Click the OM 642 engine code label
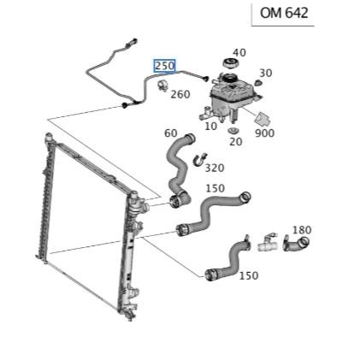(x=284, y=13)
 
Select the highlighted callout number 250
(x=164, y=66)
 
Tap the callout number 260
(x=180, y=94)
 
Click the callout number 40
(x=239, y=53)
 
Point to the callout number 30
(x=266, y=74)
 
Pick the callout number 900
(x=265, y=133)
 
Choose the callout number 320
(x=215, y=168)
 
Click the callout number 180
(x=302, y=230)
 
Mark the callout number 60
(x=171, y=133)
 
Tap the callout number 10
(x=211, y=127)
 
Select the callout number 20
(x=236, y=142)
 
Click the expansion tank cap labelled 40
(x=230, y=63)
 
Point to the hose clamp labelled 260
(x=163, y=86)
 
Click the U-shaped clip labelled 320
(x=200, y=159)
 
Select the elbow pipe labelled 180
(x=297, y=244)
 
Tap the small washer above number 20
(x=233, y=131)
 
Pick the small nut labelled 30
(x=258, y=83)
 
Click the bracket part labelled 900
(x=263, y=119)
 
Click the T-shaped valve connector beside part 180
(x=268, y=243)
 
